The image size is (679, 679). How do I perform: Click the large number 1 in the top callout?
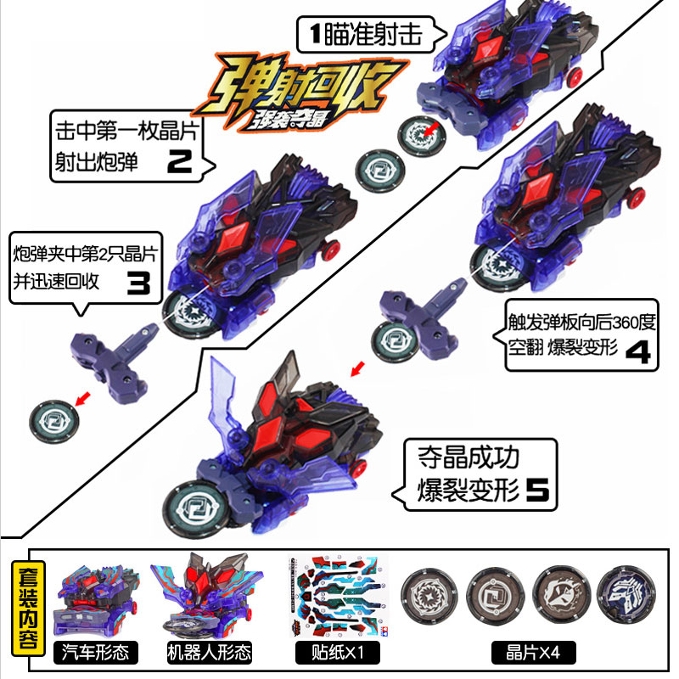click(x=313, y=35)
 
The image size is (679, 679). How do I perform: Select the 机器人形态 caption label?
click(x=199, y=653)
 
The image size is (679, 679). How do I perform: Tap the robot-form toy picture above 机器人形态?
click(x=199, y=599)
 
